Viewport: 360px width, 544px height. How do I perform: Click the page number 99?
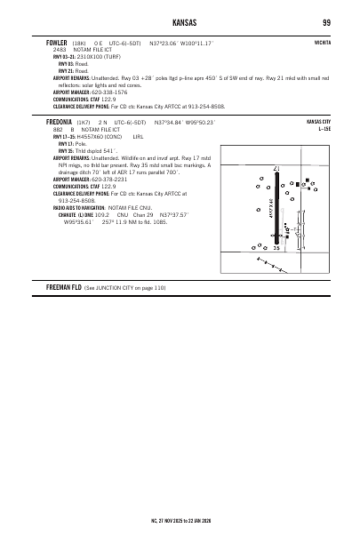327,20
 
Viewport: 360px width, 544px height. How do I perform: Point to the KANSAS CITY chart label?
318,121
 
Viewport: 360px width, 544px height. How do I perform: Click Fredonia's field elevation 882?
58,128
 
